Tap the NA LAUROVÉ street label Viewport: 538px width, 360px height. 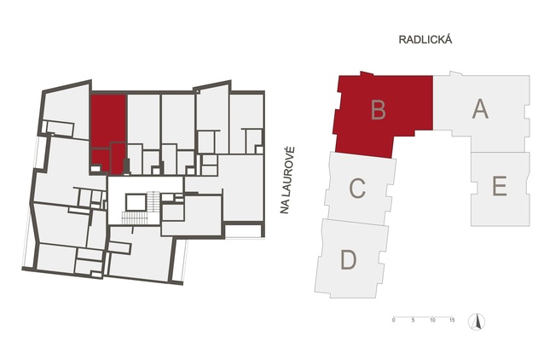coord(287,180)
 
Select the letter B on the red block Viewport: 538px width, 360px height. coord(379,109)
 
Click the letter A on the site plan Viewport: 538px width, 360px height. coord(480,109)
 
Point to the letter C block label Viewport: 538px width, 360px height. coord(357,189)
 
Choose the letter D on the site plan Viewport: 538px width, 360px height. coord(349,260)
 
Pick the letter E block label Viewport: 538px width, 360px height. coord(500,186)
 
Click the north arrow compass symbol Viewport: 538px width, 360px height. coord(477,322)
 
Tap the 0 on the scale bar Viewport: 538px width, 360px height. coord(394,320)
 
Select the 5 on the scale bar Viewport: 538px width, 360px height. coord(414,320)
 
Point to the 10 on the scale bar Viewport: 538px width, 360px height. coord(432,320)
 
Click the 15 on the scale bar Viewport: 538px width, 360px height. coord(452,320)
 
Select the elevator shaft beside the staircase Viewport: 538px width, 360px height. coord(136,203)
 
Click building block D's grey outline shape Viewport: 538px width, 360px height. coord(351,258)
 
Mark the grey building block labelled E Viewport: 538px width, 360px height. coord(500,189)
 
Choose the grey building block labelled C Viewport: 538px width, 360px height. coord(360,188)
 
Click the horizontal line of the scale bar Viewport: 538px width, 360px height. coord(423,316)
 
